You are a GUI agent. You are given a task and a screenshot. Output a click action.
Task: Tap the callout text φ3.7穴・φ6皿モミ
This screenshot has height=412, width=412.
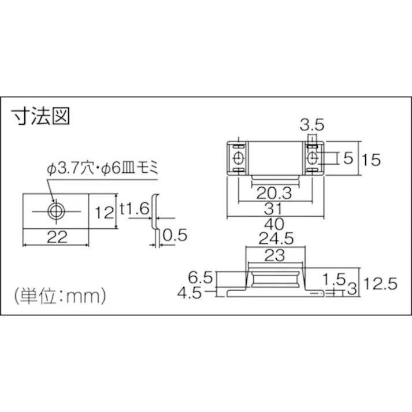point(102,169)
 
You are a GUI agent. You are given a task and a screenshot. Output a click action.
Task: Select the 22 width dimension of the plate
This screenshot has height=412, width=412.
point(56,236)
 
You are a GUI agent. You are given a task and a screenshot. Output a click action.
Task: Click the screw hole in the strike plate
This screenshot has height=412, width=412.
point(56,211)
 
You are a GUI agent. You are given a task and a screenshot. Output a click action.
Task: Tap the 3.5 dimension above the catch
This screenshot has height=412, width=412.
point(312,124)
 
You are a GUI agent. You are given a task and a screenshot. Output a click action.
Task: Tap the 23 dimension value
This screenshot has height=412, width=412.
point(275,254)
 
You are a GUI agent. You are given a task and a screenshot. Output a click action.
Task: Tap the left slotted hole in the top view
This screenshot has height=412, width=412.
point(237,158)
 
